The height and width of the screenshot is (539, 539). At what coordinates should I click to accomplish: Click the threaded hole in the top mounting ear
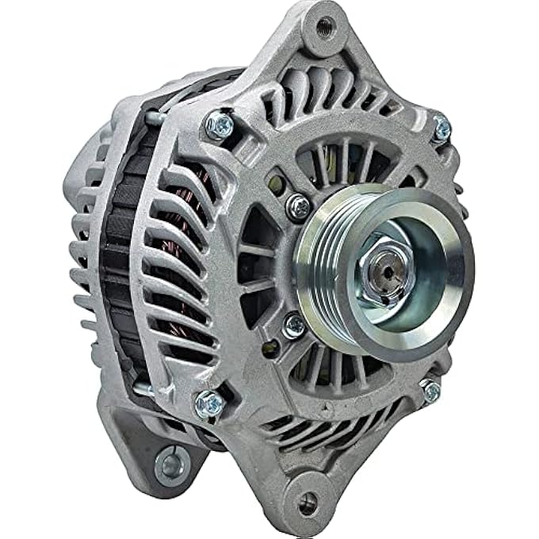(x=324, y=28)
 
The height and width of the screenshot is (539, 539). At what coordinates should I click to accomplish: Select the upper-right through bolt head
(x=441, y=128)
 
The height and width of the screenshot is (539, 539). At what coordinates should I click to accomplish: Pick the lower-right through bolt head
(x=430, y=389)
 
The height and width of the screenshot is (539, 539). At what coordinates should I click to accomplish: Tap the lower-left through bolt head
(x=209, y=403)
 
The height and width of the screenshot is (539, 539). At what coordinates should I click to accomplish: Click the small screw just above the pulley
(x=299, y=207)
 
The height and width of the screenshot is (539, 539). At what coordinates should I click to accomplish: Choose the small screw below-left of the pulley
(x=295, y=326)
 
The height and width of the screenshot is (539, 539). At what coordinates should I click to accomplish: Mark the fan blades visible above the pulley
(x=333, y=166)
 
